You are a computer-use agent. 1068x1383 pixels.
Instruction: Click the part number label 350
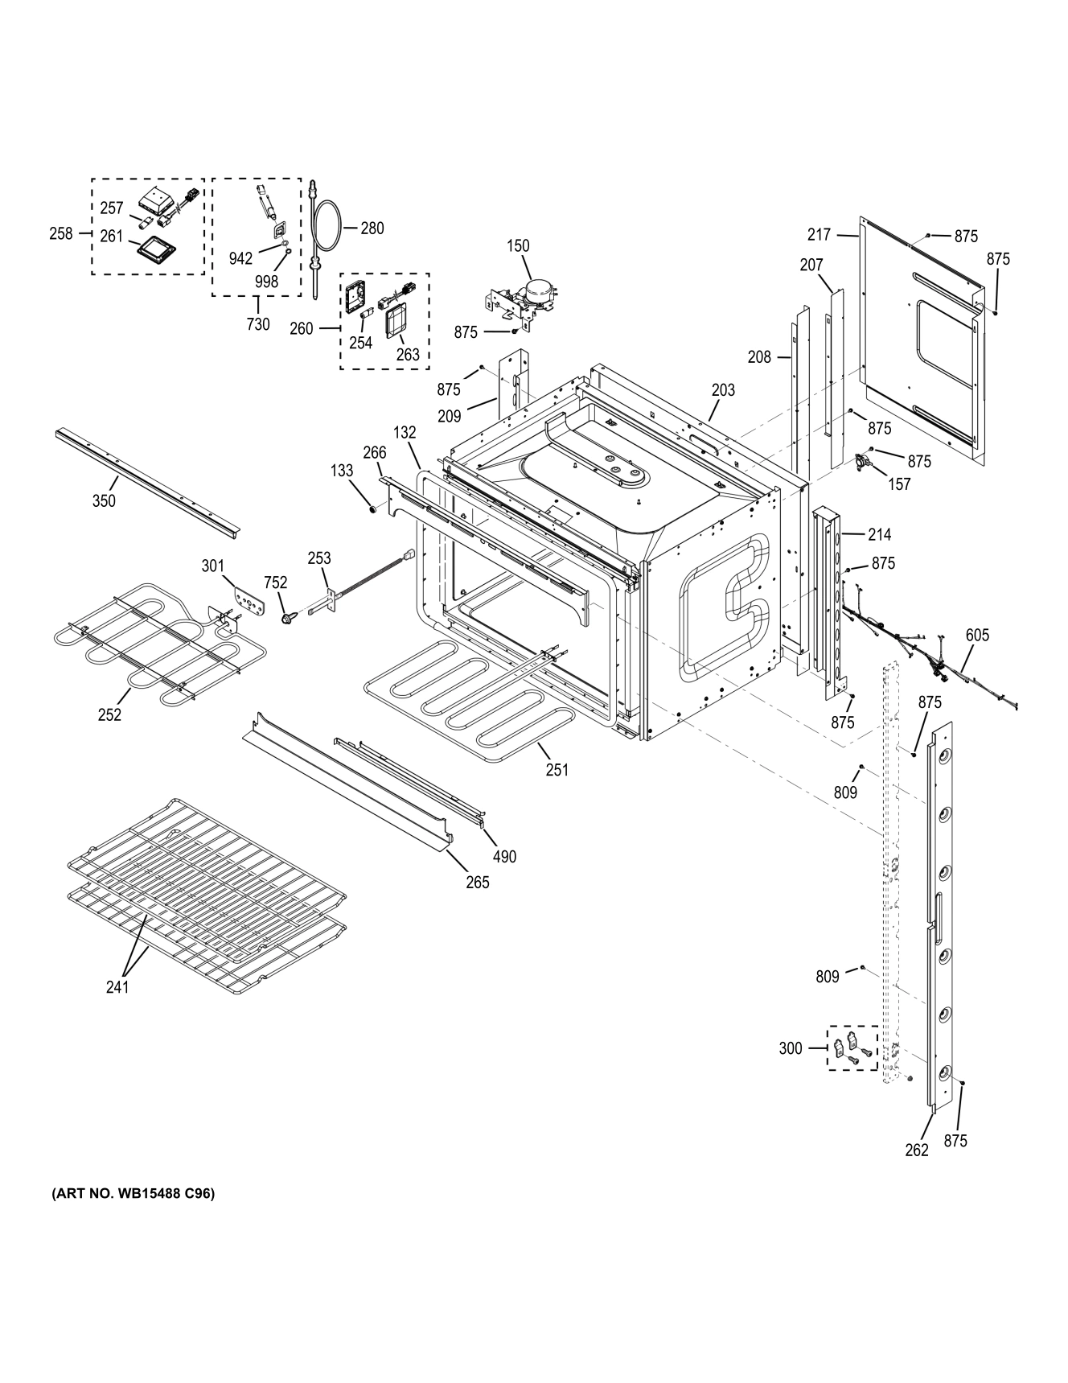[104, 501]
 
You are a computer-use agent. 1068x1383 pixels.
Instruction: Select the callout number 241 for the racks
[117, 987]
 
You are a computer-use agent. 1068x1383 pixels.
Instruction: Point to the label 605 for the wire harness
[977, 636]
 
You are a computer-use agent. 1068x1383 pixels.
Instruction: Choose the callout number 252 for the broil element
[109, 714]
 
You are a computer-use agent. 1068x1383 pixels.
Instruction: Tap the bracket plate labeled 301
[248, 599]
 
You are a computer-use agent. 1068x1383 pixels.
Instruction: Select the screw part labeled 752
[285, 617]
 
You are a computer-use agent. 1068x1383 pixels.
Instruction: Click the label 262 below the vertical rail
[917, 1150]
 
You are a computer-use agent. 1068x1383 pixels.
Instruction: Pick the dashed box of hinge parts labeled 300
[852, 1048]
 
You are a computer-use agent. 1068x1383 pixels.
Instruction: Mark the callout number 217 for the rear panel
[819, 235]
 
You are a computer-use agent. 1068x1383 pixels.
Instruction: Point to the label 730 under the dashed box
[257, 325]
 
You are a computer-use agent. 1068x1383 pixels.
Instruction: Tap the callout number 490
[504, 857]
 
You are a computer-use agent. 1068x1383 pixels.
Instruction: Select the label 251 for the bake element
[557, 770]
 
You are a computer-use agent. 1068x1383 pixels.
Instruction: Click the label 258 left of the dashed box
[60, 234]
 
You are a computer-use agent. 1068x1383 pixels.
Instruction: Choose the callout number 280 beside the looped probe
[372, 228]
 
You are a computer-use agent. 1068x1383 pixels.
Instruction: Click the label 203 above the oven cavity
[723, 390]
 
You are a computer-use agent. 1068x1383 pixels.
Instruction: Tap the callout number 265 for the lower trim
[478, 883]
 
